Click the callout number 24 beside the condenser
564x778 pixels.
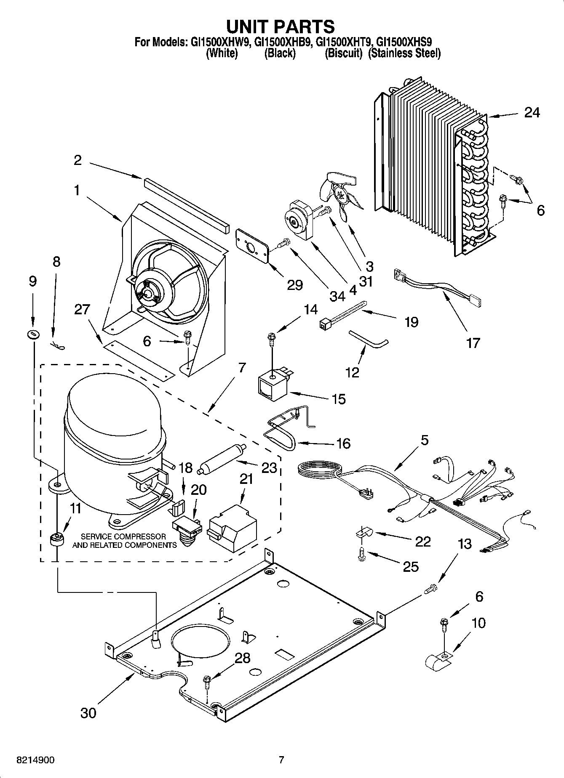[532, 112]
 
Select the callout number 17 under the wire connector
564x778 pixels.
[473, 343]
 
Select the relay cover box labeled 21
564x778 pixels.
[233, 526]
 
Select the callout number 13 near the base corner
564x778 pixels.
[464, 544]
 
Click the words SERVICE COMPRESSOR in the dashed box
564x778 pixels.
[123, 537]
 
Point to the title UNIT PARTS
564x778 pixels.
[281, 26]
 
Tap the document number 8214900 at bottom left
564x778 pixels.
[35, 760]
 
